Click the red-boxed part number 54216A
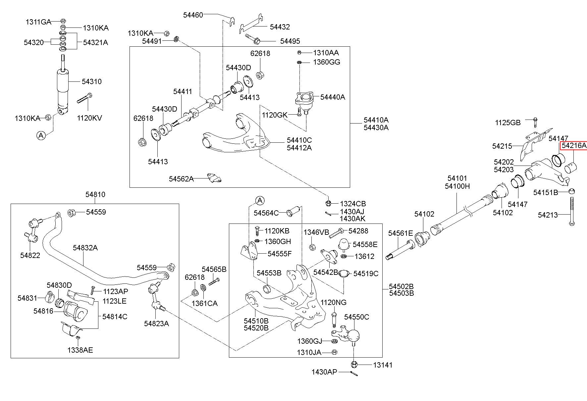pos(574,146)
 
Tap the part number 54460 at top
pos(193,15)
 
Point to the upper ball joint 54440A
pos(304,101)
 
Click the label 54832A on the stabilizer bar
pos(85,248)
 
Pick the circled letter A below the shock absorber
pos(41,135)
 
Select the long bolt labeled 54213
pos(571,211)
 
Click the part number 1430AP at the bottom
pos(324,372)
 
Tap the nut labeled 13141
pos(354,365)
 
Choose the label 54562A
pos(181,179)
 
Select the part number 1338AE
pos(80,350)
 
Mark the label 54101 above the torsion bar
pos(457,178)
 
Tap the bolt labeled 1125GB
pos(535,123)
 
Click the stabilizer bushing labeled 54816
pos(75,311)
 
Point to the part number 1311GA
pos(38,22)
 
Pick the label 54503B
pos(401,293)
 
